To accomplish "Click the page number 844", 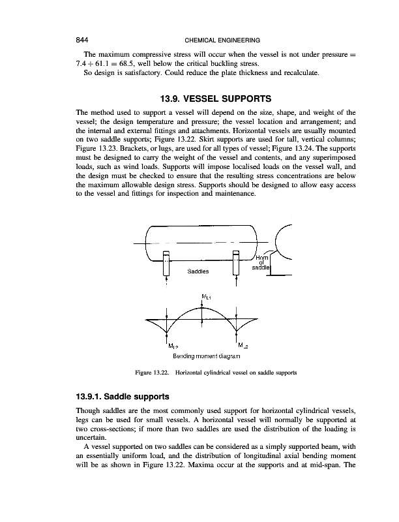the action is tap(82, 40).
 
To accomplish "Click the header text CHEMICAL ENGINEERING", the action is tap(222, 40).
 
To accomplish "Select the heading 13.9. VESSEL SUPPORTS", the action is tap(216, 99).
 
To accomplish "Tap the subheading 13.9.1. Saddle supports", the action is tap(123, 397).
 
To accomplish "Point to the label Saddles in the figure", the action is tap(198, 271).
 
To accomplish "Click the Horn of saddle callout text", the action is tap(262, 262).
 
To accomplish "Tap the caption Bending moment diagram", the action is tap(207, 356).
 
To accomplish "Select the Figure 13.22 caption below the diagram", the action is tap(216, 373).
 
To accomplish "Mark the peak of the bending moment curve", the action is tap(202, 308).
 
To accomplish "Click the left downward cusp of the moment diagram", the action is tap(167, 331).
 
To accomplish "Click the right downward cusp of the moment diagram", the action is tap(236, 331).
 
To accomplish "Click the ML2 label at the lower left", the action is tap(173, 346).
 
